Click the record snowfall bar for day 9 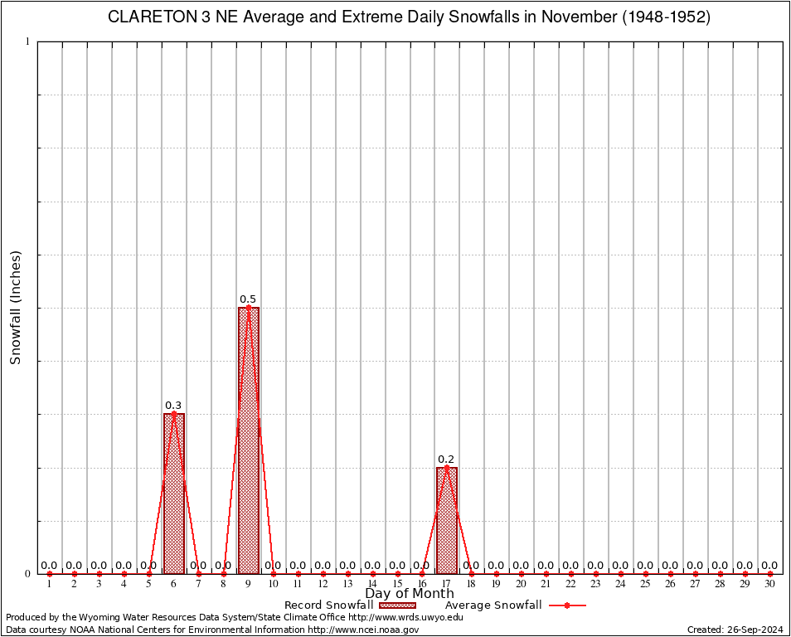[x=248, y=440]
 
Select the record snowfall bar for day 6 [x=174, y=493]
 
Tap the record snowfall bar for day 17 [x=447, y=520]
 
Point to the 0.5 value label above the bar [x=248, y=299]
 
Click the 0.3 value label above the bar [x=173, y=406]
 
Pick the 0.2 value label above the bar [x=446, y=460]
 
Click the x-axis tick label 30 [x=770, y=585]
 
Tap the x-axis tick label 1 [x=50, y=585]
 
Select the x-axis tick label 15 [x=397, y=585]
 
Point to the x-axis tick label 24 [x=620, y=585]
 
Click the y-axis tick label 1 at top [x=27, y=41]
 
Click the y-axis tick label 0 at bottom [x=27, y=573]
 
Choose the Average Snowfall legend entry [x=493, y=605]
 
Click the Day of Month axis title [x=410, y=594]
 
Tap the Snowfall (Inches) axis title [x=15, y=307]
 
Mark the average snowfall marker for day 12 [x=323, y=573]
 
